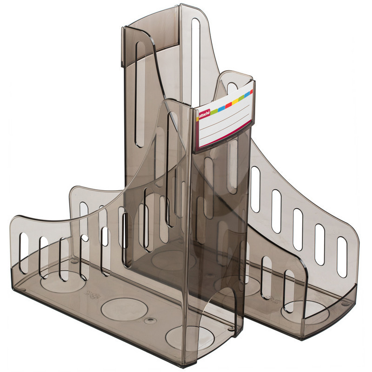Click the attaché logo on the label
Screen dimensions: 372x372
click(x=204, y=114)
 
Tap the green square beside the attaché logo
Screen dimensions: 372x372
click(x=214, y=111)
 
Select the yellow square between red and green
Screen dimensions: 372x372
click(x=235, y=102)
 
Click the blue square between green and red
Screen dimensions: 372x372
click(x=221, y=108)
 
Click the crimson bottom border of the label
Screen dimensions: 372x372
click(x=223, y=140)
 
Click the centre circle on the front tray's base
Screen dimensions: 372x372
click(x=124, y=309)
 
